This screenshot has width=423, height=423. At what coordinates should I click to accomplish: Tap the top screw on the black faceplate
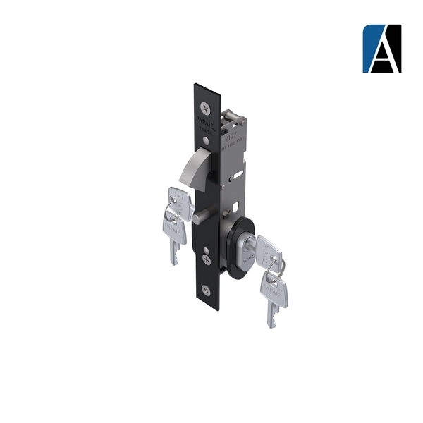coord(205,108)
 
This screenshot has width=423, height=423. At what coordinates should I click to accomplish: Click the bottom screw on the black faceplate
coord(205,289)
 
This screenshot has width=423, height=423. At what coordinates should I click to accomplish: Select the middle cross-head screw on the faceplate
coord(205,259)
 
